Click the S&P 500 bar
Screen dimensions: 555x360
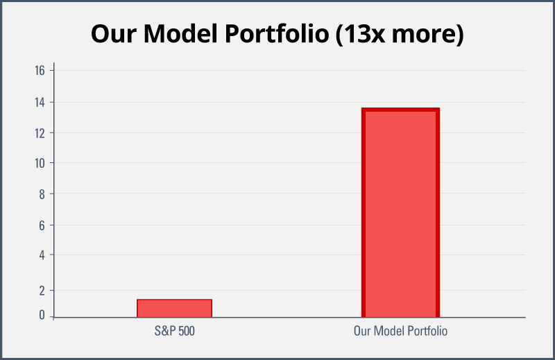click(x=175, y=308)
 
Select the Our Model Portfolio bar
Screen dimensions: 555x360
click(x=401, y=212)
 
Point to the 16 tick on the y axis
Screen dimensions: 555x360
click(x=40, y=71)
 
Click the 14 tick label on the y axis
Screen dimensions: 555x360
click(x=40, y=102)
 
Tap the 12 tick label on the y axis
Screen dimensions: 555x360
click(x=40, y=133)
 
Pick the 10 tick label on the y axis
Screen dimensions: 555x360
click(x=40, y=163)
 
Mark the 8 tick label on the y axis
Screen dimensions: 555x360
click(x=42, y=194)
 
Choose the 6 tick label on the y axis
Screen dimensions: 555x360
click(x=42, y=225)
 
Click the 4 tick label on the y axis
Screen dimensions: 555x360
click(x=42, y=255)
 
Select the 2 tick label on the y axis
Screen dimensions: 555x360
click(x=42, y=291)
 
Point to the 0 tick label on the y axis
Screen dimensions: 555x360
click(x=42, y=315)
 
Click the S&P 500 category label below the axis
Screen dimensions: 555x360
click(x=175, y=331)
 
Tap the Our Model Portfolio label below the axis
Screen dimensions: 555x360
click(x=401, y=331)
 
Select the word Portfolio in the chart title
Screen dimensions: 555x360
click(x=277, y=33)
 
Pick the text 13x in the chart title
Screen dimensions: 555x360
click(x=361, y=33)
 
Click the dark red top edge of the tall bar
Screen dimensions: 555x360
click(x=401, y=110)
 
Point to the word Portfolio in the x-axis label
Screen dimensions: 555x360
click(x=427, y=331)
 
